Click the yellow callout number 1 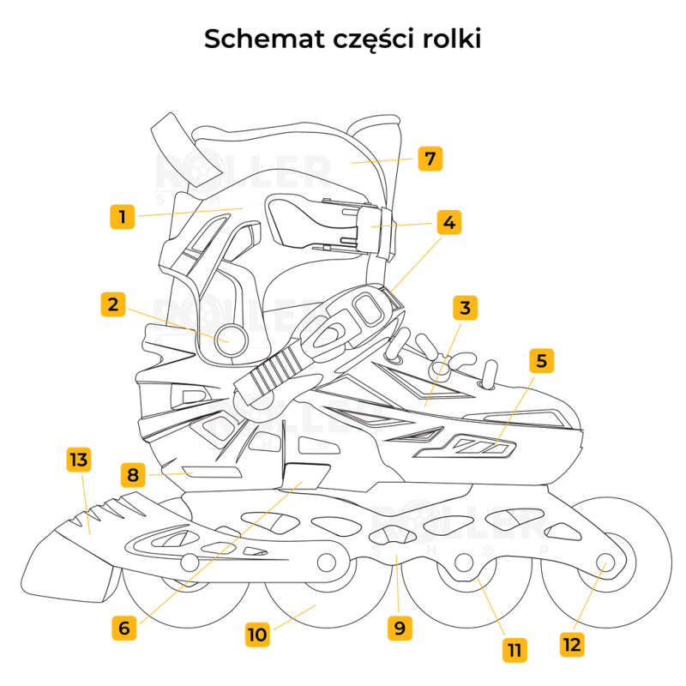123,216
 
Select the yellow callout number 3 465,308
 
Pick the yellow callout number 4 448,222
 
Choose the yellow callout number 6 124,627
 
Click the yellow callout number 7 430,159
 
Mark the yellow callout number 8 132,474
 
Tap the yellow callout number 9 399,627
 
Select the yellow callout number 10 257,635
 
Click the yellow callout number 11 514,649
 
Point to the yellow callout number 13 78,460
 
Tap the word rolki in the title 448,39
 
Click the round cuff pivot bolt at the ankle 231,335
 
